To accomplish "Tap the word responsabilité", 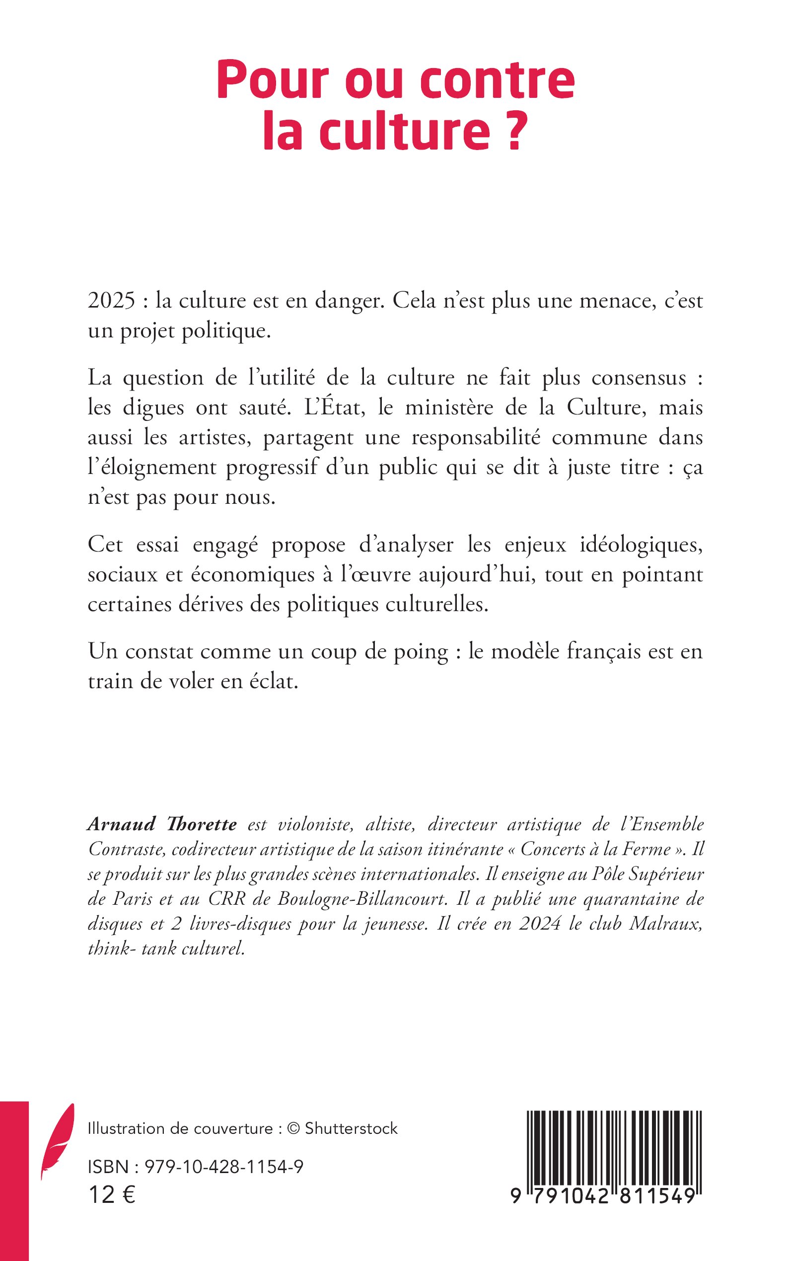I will click(x=476, y=438).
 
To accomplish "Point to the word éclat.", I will click(x=273, y=682).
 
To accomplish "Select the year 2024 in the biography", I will click(x=541, y=924).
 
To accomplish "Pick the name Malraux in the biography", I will click(x=665, y=924).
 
